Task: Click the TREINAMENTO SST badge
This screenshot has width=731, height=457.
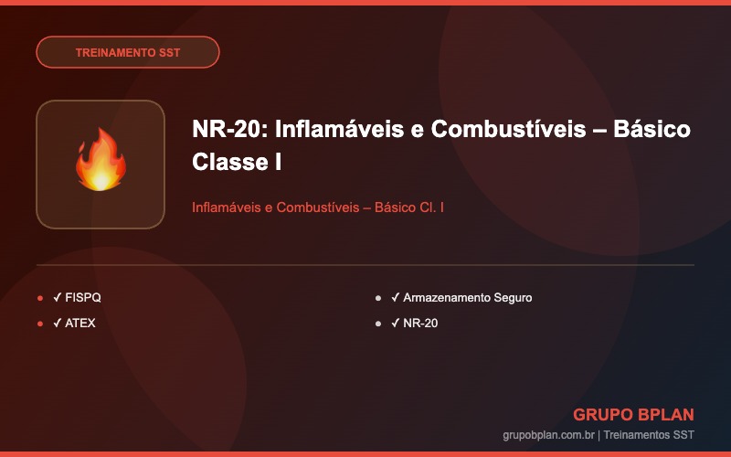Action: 128,52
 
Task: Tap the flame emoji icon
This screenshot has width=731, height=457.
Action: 101,160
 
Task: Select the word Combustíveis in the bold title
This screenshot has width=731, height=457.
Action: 508,129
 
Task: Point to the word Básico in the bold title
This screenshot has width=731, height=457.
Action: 652,129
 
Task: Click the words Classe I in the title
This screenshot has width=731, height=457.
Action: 237,163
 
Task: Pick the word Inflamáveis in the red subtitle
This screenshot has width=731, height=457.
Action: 227,207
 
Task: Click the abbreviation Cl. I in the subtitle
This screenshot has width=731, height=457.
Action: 431,207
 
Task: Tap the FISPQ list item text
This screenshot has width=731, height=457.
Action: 83,298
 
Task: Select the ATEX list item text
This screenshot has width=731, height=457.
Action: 80,324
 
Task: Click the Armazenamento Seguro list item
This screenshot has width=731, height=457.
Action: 468,298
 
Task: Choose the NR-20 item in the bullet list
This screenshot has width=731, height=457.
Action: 420,324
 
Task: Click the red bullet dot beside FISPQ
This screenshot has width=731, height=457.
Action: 40,298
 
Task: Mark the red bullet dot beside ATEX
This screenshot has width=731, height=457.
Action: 40,324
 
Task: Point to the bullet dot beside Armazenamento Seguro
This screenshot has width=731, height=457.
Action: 378,298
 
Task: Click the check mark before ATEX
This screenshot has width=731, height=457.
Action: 58,323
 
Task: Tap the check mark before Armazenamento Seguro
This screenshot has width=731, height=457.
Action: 396,297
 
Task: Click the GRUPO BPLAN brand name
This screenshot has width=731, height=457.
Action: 633,414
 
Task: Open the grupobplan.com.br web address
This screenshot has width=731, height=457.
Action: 548,435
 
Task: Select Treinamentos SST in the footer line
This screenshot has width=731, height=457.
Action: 649,435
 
